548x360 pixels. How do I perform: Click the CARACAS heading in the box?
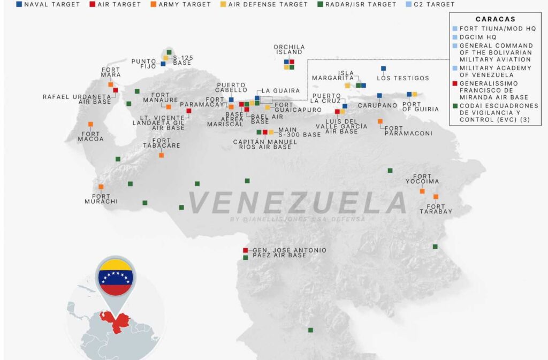494,19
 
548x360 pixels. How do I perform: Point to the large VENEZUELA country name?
298,203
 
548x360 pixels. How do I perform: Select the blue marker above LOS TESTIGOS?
383,68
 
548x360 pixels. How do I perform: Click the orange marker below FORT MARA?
111,85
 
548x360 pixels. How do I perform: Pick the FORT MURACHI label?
101,198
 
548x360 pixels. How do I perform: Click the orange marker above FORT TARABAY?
436,197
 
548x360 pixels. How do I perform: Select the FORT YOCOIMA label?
425,179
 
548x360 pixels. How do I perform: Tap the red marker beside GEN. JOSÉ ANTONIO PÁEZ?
246,250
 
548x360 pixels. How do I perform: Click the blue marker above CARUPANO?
379,96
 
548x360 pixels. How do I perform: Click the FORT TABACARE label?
162,143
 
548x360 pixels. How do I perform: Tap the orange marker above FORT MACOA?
90,124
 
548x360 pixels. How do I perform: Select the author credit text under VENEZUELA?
297,219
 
